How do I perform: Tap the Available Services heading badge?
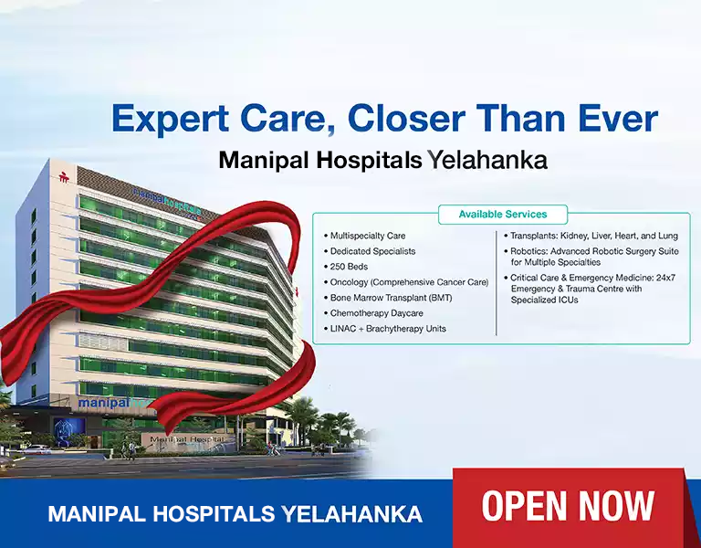pyautogui.click(x=502, y=215)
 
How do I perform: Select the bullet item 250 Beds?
pyautogui.click(x=350, y=267)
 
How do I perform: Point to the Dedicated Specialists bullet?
pyautogui.click(x=372, y=251)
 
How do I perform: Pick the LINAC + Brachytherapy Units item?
pyautogui.click(x=388, y=329)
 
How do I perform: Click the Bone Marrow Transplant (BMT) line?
pyautogui.click(x=391, y=298)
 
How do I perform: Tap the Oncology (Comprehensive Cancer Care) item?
pyautogui.click(x=409, y=282)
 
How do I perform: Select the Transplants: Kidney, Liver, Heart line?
pyautogui.click(x=593, y=236)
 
